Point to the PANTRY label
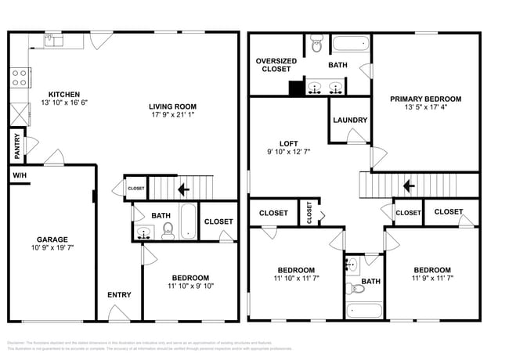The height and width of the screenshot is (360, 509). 16,145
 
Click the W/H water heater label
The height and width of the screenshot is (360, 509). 19,176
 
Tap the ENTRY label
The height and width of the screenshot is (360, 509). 119,294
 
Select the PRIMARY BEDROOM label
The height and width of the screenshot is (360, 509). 426,99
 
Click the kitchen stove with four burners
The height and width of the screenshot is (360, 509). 20,77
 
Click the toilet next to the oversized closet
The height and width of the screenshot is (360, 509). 315,45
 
